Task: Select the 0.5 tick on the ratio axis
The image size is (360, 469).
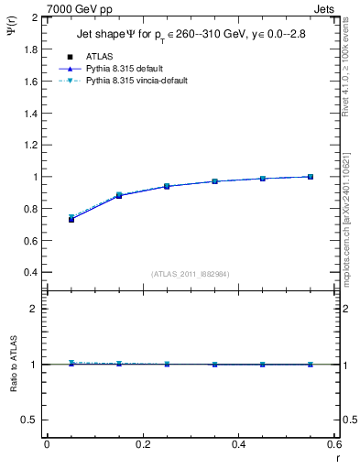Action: pyautogui.click(x=29, y=420)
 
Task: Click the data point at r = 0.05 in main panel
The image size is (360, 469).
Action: pyautogui.click(x=71, y=219)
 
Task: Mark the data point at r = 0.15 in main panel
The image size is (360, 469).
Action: pyautogui.click(x=119, y=195)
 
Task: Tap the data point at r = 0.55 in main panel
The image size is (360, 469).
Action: pyautogui.click(x=311, y=177)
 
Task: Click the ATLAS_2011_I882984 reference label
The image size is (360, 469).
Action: pyautogui.click(x=191, y=273)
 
